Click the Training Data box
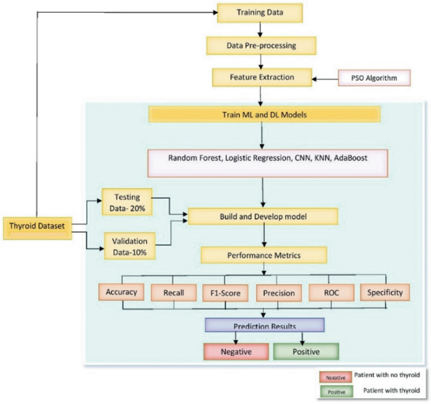point(259,13)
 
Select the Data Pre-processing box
point(260,45)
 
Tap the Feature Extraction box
point(262,78)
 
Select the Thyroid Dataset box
point(37,225)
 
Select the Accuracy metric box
point(121,293)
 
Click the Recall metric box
point(173,293)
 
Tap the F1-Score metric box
point(225,293)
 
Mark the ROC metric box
point(332,293)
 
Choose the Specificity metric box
point(384,293)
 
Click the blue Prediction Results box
point(264,325)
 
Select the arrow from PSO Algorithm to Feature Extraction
point(326,79)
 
